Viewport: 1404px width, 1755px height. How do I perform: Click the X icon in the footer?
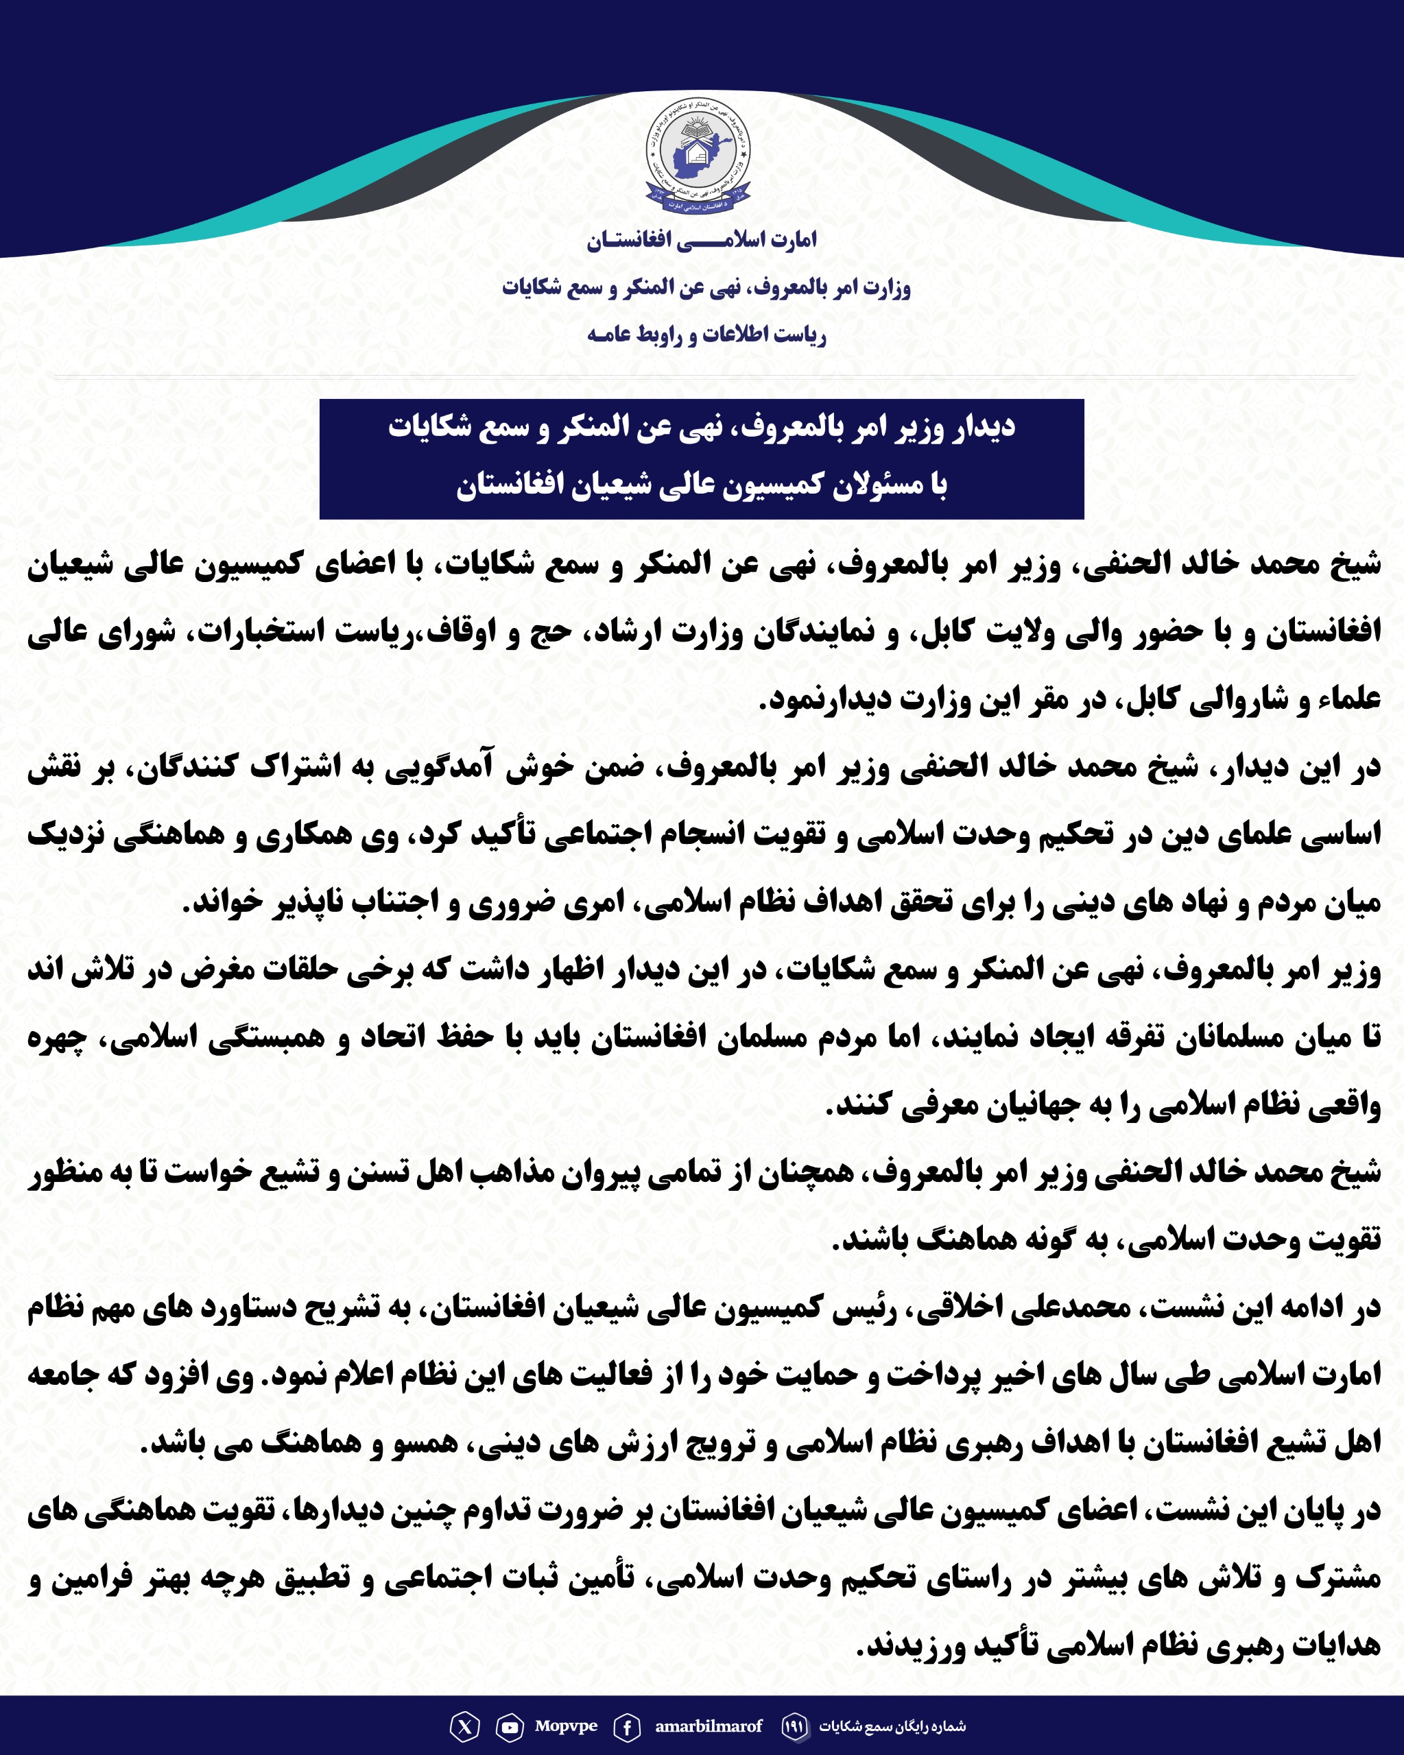pyautogui.click(x=464, y=1726)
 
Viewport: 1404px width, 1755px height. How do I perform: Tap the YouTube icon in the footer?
pyautogui.click(x=510, y=1726)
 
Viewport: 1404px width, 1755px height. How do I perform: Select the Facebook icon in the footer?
pyautogui.click(x=626, y=1726)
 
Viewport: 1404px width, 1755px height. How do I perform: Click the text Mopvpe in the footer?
pyautogui.click(x=566, y=1726)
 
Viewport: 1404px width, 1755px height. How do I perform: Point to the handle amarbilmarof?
pyautogui.click(x=709, y=1726)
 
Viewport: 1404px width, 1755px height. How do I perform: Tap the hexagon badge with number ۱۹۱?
pyautogui.click(x=794, y=1726)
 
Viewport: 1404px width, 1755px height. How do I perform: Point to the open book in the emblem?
pyautogui.click(x=698, y=130)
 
